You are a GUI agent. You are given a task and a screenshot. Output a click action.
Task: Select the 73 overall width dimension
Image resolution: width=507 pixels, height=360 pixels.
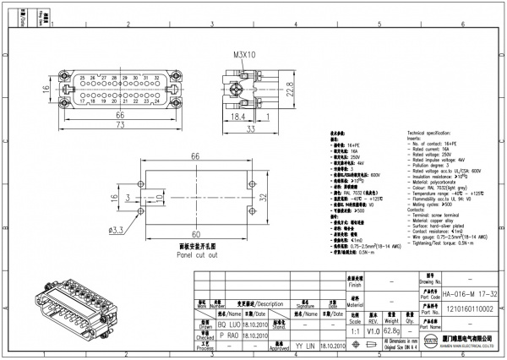click(x=119, y=123)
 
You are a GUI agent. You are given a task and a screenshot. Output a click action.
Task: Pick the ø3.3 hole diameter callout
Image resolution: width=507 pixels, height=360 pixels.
click(x=117, y=229)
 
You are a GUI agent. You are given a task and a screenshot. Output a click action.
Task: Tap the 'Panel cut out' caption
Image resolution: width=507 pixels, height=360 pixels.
click(x=196, y=254)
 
